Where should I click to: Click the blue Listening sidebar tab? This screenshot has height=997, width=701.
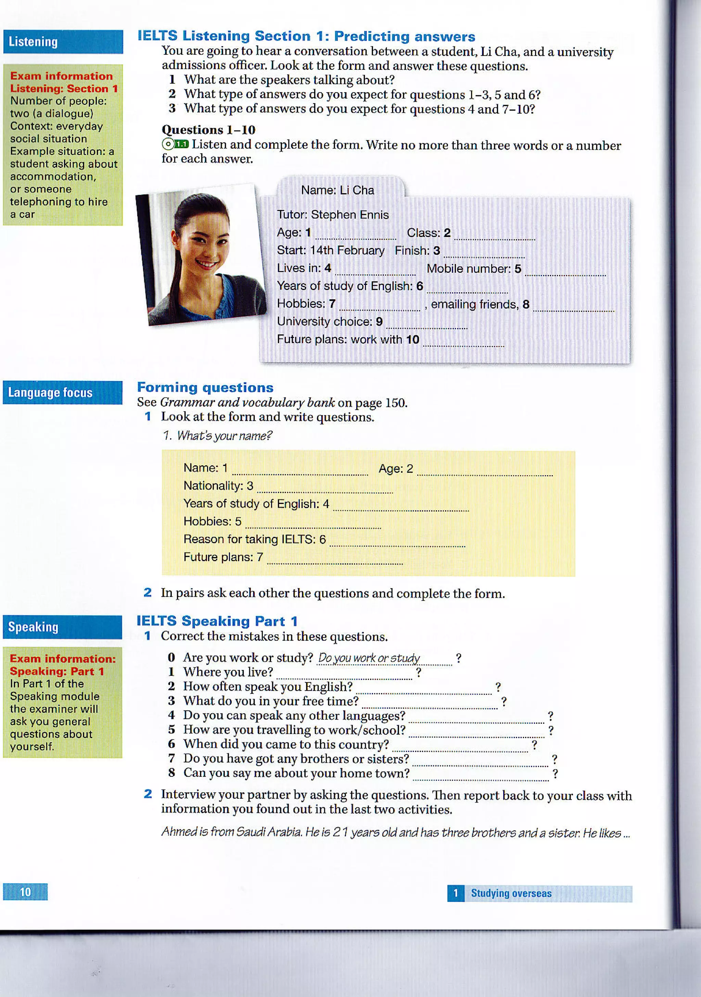pyautogui.click(x=63, y=42)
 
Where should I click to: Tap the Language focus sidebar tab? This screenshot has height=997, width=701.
pyautogui.click(x=63, y=393)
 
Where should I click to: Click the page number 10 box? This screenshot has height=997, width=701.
pyautogui.click(x=25, y=892)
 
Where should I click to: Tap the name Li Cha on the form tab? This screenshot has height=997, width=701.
pyautogui.click(x=356, y=190)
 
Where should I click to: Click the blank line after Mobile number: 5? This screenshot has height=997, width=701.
pyautogui.click(x=565, y=272)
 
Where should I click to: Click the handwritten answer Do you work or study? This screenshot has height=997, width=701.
pyautogui.click(x=369, y=658)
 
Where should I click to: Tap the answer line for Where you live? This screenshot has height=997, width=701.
pyautogui.click(x=344, y=675)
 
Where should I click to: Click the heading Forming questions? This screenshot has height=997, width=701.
pyautogui.click(x=205, y=387)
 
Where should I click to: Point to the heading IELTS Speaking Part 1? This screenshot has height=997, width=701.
pyautogui.click(x=217, y=621)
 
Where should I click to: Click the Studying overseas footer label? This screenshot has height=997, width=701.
pyautogui.click(x=511, y=893)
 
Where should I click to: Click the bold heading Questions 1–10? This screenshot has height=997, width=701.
pyautogui.click(x=208, y=130)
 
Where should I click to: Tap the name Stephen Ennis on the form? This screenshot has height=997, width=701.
pyautogui.click(x=349, y=215)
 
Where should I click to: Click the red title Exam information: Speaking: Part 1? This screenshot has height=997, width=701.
pyautogui.click(x=63, y=665)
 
